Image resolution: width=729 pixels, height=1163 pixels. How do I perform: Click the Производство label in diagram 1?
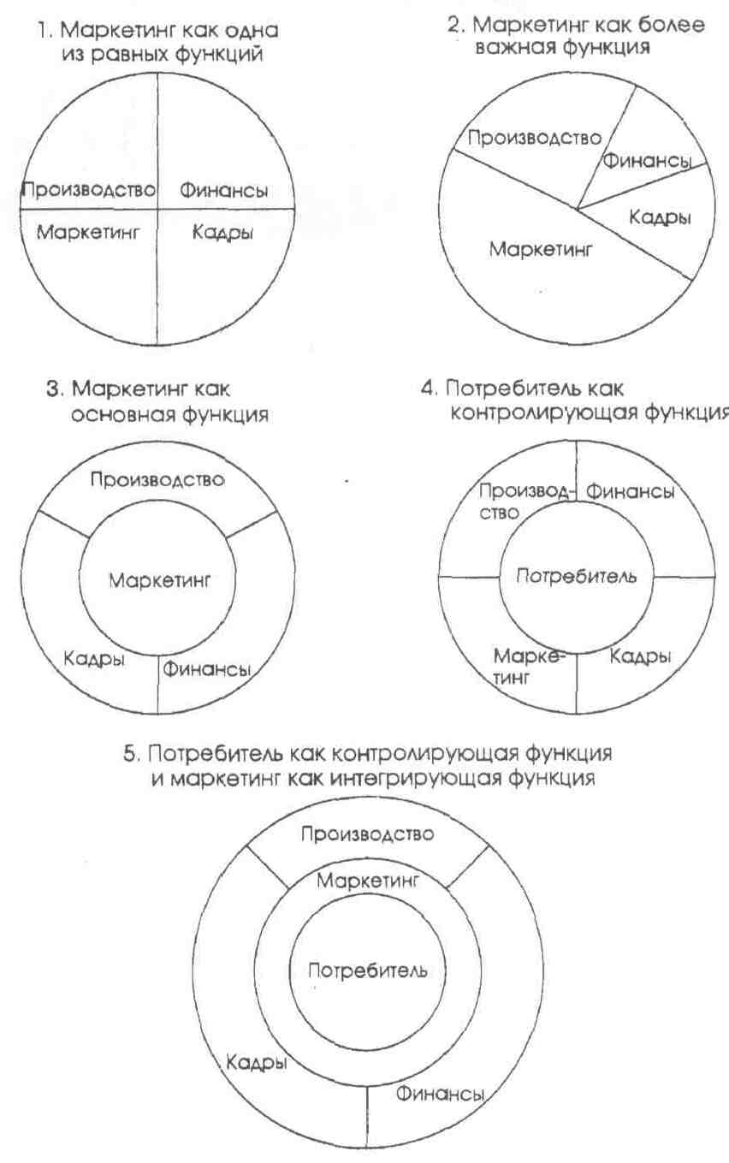89,190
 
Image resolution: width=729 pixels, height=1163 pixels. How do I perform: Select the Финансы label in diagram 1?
222,190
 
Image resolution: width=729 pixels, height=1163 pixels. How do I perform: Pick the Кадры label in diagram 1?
222,231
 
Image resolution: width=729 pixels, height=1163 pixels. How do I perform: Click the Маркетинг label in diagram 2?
541,250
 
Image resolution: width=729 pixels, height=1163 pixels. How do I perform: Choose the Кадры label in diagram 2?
660,217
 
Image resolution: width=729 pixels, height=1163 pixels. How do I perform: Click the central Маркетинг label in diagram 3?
159,579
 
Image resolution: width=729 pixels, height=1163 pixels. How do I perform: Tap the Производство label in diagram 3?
158,479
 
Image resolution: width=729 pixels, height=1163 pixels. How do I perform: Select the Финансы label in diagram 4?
629,492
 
